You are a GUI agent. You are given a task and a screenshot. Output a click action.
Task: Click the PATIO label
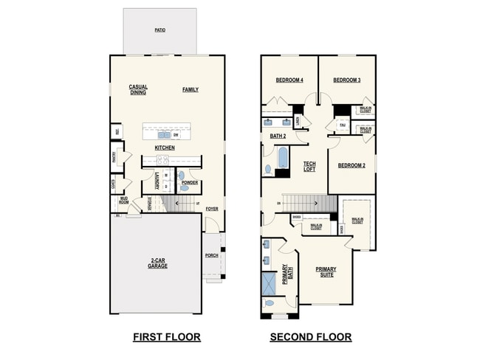(x=160, y=30)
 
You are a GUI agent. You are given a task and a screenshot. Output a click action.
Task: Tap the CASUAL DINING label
(x=138, y=89)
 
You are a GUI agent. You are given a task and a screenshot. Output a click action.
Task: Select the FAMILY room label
(x=191, y=89)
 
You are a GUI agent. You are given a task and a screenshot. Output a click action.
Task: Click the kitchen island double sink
(x=163, y=135)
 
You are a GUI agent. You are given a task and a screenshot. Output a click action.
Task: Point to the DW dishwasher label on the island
(x=176, y=135)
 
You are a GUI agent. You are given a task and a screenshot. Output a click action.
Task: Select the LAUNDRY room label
(x=157, y=181)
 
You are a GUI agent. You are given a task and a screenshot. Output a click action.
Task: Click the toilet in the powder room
(x=185, y=188)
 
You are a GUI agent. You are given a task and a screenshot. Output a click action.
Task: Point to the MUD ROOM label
(x=123, y=200)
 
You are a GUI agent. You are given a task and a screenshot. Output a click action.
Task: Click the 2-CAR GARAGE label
(x=157, y=263)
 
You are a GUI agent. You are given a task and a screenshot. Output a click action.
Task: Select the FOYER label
(x=212, y=209)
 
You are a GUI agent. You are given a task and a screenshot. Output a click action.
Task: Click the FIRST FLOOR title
(x=166, y=337)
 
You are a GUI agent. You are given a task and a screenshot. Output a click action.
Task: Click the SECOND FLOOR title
(x=310, y=337)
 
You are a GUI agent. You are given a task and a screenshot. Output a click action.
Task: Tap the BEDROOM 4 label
(x=289, y=80)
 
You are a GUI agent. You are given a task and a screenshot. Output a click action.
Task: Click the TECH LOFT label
(x=309, y=167)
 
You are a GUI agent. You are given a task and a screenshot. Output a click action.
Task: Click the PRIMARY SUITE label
(x=325, y=271)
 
